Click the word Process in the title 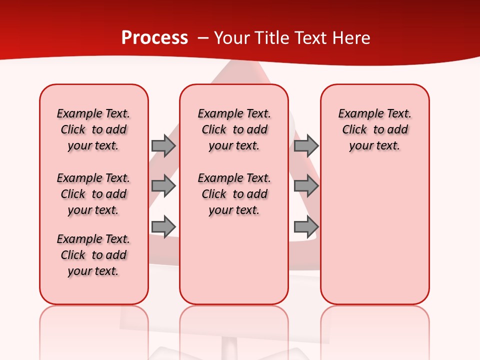(154, 37)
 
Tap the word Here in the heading (352, 38)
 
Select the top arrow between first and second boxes (163, 145)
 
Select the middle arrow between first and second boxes (163, 186)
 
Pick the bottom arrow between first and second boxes (163, 227)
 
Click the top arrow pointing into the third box (306, 145)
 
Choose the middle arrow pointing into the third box (306, 186)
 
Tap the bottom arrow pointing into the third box (306, 227)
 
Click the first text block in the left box (93, 129)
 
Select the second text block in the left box (93, 194)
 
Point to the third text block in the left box (93, 255)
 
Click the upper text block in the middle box (234, 129)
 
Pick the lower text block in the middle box (234, 194)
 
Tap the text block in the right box (374, 129)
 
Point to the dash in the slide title (202, 38)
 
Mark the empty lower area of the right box (374, 235)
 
